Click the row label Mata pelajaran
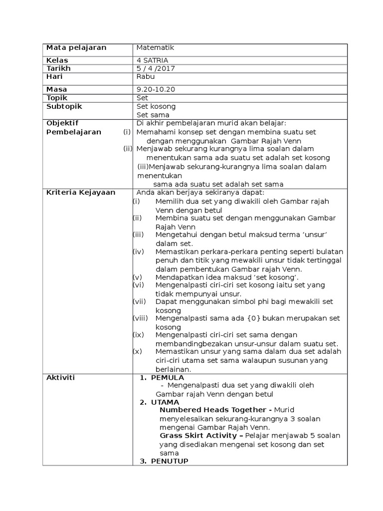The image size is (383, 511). (76, 48)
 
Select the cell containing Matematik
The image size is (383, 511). (155, 48)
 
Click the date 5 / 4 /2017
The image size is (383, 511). (156, 68)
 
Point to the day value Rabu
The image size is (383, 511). (146, 77)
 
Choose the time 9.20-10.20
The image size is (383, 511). (156, 90)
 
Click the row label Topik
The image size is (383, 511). (57, 98)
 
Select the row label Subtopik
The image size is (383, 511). (64, 107)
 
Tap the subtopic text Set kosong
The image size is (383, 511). (156, 107)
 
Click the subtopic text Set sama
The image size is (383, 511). (153, 115)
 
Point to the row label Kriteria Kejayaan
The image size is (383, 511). (81, 193)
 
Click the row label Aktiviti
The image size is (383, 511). (60, 378)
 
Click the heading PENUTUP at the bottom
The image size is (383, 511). (170, 461)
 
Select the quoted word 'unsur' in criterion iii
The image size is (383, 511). (320, 235)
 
